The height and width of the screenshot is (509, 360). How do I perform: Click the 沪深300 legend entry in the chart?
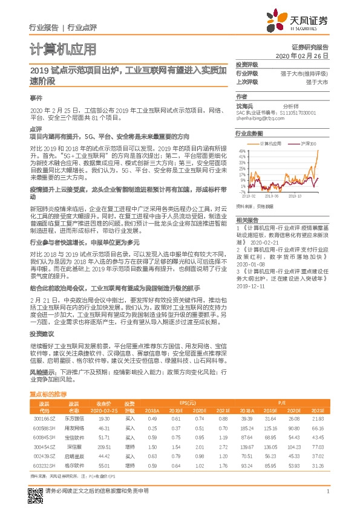pos(309,144)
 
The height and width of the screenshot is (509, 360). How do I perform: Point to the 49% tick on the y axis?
pos(241,151)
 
